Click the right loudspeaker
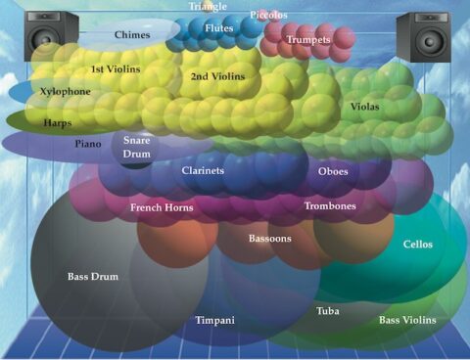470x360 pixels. point(423,36)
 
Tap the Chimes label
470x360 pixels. point(131,34)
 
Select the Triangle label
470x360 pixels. point(207,6)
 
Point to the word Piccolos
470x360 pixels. point(268,16)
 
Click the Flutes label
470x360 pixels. point(218,28)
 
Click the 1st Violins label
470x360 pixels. point(116,69)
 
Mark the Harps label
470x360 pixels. point(57,124)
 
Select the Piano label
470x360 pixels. point(88,144)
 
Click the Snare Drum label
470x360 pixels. point(136,148)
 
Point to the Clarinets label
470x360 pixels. point(203,170)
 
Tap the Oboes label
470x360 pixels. point(333,171)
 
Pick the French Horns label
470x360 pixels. point(162,207)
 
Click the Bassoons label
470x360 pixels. point(269,238)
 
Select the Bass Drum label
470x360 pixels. point(93,277)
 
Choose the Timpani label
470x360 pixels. point(214,320)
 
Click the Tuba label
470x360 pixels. point(328,311)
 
